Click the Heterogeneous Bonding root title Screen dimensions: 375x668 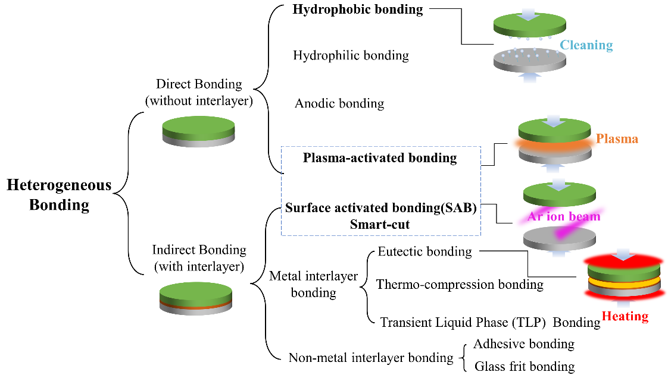[59, 195]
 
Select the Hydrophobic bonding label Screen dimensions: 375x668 [358, 10]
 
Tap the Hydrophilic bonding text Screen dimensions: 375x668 [351, 56]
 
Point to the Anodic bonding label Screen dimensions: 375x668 [339, 103]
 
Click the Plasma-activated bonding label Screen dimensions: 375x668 [380, 158]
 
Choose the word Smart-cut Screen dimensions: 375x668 [381, 224]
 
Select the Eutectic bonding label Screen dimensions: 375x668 [424, 251]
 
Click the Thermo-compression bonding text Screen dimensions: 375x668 [460, 285]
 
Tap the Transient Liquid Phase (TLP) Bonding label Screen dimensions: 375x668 [490, 322]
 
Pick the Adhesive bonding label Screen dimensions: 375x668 [523, 344]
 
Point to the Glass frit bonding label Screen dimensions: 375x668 [524, 366]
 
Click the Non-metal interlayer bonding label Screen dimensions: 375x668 [371, 358]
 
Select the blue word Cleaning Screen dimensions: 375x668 [586, 45]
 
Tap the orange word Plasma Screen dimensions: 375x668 [617, 139]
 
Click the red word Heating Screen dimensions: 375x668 [625, 316]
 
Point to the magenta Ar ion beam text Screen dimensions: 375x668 [563, 216]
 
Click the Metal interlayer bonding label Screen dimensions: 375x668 [313, 284]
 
